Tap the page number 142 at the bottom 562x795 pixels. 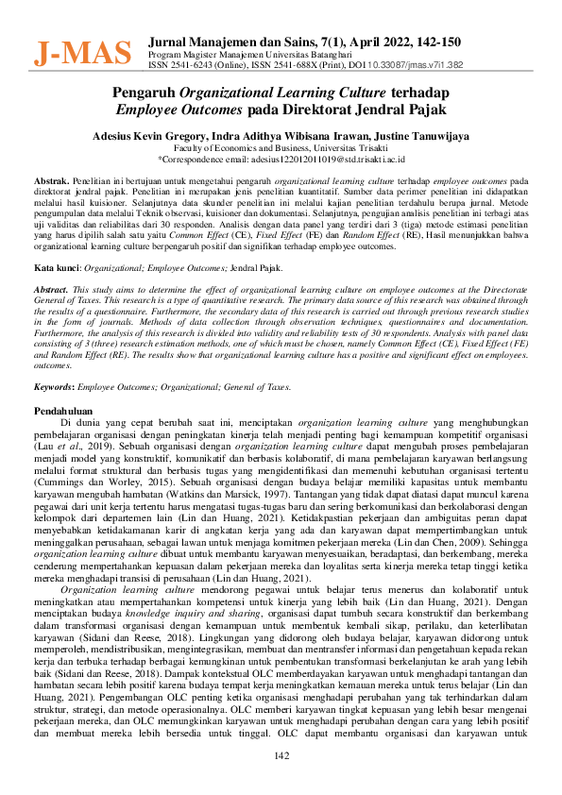click(281, 756)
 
